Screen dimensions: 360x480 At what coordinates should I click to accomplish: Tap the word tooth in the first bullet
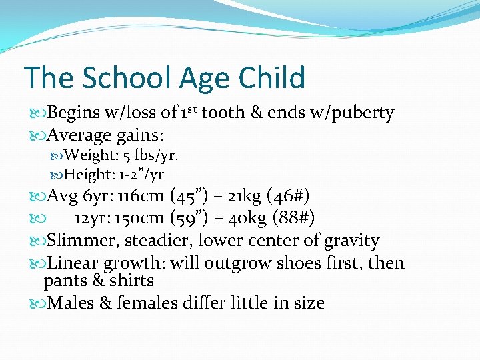click(223, 113)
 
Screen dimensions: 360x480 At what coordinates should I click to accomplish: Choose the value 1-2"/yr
click(142, 175)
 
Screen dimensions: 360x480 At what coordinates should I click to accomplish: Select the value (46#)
click(287, 197)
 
